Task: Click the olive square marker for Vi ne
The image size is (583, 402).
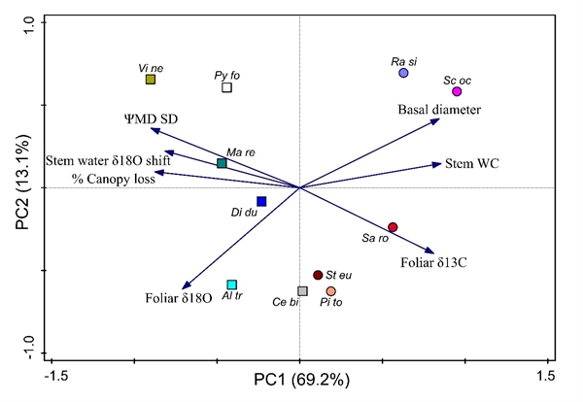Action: pyautogui.click(x=151, y=80)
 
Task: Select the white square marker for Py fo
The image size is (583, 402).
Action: pyautogui.click(x=226, y=87)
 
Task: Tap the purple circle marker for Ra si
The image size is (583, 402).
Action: pyautogui.click(x=403, y=73)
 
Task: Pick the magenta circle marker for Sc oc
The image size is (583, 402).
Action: pyautogui.click(x=457, y=91)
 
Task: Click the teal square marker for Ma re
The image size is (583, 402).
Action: pyautogui.click(x=222, y=163)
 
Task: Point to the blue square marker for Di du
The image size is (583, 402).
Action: pyautogui.click(x=261, y=201)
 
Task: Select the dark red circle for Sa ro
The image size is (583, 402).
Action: pyautogui.click(x=393, y=226)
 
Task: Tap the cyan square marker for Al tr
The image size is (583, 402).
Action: pyautogui.click(x=231, y=285)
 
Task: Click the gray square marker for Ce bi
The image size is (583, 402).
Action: pyautogui.click(x=302, y=291)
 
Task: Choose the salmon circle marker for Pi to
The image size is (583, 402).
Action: pyautogui.click(x=331, y=291)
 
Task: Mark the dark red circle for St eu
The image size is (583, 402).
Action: pyautogui.click(x=318, y=276)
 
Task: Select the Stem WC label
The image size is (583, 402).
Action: pyautogui.click(x=472, y=163)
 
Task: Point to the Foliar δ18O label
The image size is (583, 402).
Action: pyautogui.click(x=178, y=298)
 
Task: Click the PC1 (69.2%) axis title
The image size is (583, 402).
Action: pyautogui.click(x=301, y=379)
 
